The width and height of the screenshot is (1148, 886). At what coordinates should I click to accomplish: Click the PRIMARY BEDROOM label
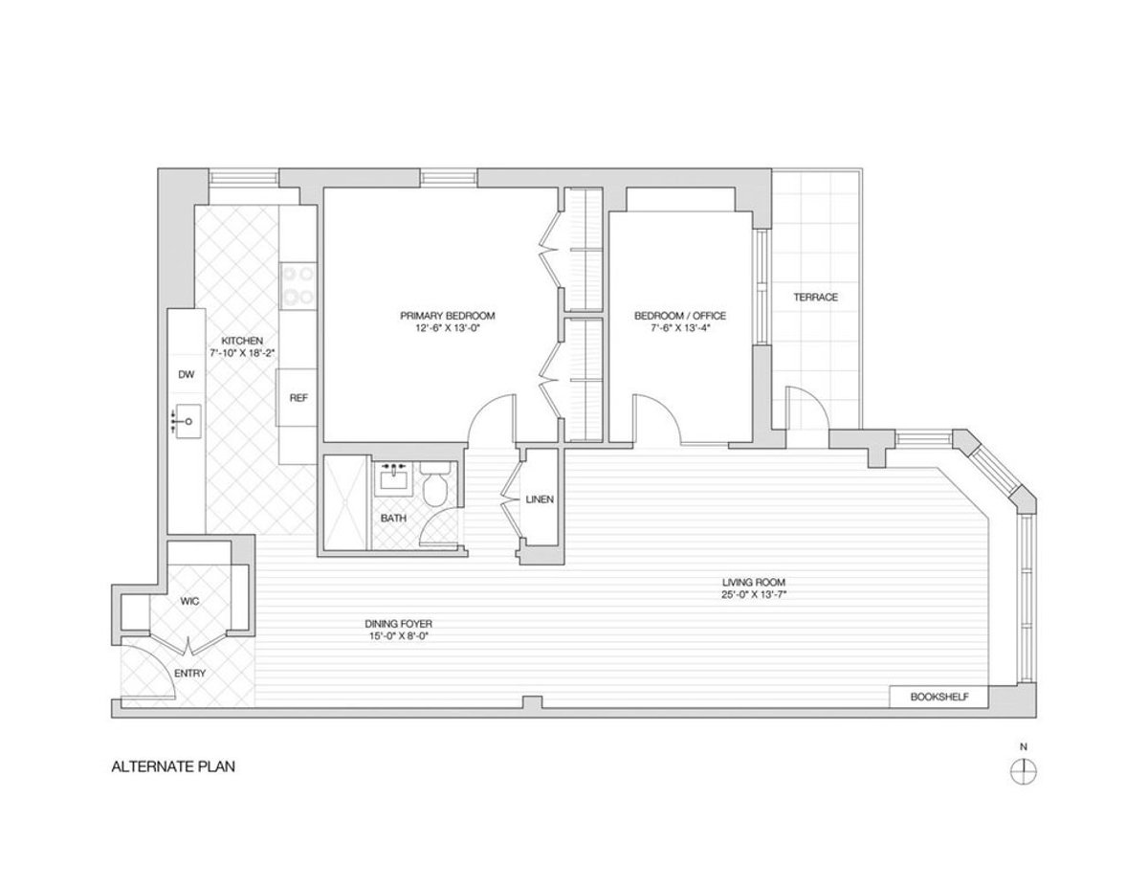[448, 316]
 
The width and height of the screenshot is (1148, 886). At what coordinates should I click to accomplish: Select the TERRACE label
[815, 298]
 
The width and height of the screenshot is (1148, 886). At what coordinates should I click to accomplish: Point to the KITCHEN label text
[236, 341]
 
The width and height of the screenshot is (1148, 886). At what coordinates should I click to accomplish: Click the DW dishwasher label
[186, 375]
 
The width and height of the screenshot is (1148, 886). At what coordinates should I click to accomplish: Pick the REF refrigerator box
[298, 398]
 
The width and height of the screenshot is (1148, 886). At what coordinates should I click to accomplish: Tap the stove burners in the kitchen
[298, 284]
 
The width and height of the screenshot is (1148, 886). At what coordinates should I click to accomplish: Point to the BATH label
[393, 519]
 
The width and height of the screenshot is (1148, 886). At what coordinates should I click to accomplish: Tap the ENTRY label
[188, 674]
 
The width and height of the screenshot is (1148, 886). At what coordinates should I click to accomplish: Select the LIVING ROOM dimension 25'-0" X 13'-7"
[761, 594]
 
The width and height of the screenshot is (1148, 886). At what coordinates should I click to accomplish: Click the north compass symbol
[1024, 769]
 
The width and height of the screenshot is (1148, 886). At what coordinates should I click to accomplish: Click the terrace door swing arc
[802, 406]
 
